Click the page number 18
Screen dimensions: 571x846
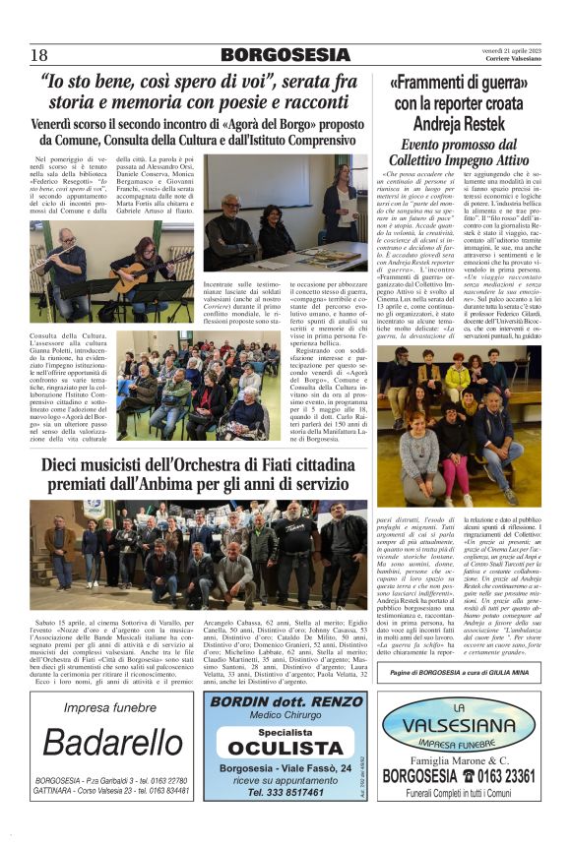pyautogui.click(x=38, y=54)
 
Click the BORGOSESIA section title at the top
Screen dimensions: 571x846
pyautogui.click(x=285, y=54)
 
